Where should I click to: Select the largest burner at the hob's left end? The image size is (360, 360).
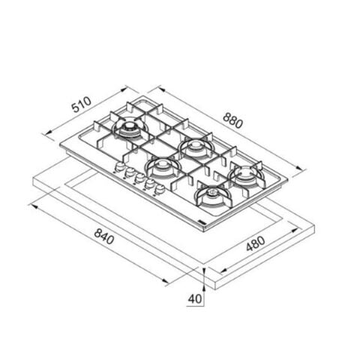[127, 129]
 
